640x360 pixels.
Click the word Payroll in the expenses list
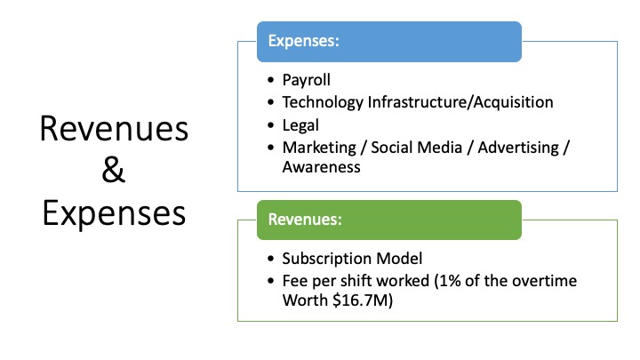point(306,80)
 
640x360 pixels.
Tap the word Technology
point(323,102)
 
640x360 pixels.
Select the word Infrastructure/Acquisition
point(460,102)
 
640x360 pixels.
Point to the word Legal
point(300,125)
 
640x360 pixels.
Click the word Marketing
point(319,148)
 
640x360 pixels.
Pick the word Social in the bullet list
point(393,148)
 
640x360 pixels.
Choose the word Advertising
point(518,148)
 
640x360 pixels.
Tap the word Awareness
point(322,167)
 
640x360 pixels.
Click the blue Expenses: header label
point(304,41)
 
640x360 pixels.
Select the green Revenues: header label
point(305,220)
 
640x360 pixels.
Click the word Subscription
point(326,260)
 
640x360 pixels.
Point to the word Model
point(399,259)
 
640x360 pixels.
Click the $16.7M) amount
point(363,300)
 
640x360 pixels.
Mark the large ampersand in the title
point(113,170)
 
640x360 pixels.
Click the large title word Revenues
point(114,129)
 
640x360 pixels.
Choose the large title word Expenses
point(114,213)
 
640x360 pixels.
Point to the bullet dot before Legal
point(270,125)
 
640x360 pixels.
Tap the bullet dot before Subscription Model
point(270,259)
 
